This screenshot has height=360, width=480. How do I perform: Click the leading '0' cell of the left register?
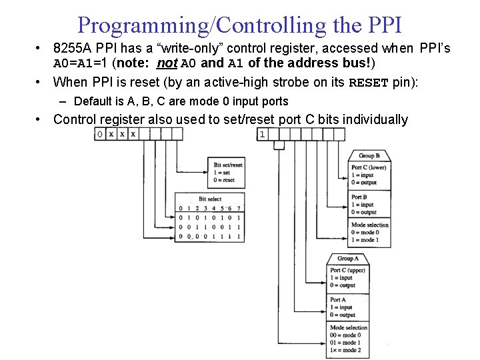(x=99, y=134)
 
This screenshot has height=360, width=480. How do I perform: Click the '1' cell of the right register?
(x=262, y=134)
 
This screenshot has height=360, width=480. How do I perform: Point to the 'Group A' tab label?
(x=348, y=258)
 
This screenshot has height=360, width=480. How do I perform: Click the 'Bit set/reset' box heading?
(x=228, y=165)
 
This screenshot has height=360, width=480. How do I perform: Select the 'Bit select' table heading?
(x=210, y=199)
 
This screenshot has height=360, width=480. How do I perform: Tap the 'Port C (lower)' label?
(x=369, y=167)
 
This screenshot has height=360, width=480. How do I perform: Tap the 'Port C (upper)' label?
(x=347, y=271)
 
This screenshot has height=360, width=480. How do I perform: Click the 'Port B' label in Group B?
(x=359, y=197)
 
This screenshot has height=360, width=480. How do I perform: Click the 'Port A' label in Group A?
(x=338, y=300)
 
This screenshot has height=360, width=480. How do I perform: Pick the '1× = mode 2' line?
(x=346, y=350)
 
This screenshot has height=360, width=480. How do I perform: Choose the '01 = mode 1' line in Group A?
(x=346, y=343)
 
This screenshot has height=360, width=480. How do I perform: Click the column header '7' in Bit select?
(x=237, y=208)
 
